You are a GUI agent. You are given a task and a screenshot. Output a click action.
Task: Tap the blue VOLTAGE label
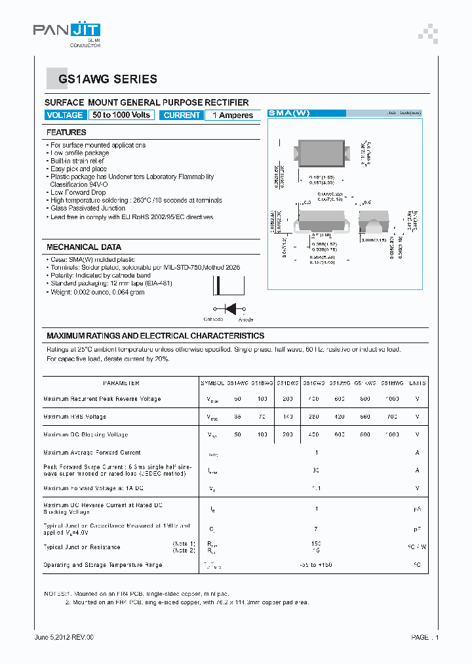click(65, 115)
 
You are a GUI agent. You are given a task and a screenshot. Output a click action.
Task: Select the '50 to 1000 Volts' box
click(121, 115)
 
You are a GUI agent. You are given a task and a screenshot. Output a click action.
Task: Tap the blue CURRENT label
click(182, 115)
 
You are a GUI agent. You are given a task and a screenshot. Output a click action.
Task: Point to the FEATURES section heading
click(66, 133)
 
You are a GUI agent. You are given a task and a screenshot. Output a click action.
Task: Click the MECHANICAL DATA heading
click(83, 247)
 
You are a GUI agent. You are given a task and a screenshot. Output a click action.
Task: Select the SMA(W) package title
click(289, 113)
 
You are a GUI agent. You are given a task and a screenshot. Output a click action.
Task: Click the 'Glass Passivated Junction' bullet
click(88, 208)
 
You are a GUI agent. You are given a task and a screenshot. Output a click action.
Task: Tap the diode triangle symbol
click(230, 308)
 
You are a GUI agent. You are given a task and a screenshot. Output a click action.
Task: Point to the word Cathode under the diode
click(213, 320)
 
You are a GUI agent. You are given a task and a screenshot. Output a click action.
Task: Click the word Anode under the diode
click(246, 320)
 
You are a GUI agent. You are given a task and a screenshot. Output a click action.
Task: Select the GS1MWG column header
click(392, 383)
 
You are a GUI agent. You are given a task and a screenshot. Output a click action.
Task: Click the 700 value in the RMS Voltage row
click(392, 417)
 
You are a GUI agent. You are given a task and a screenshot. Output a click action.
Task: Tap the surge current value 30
click(316, 470)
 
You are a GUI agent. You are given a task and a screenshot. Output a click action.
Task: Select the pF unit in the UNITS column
click(417, 528)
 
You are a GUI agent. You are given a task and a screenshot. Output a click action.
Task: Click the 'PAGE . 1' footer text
click(425, 637)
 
